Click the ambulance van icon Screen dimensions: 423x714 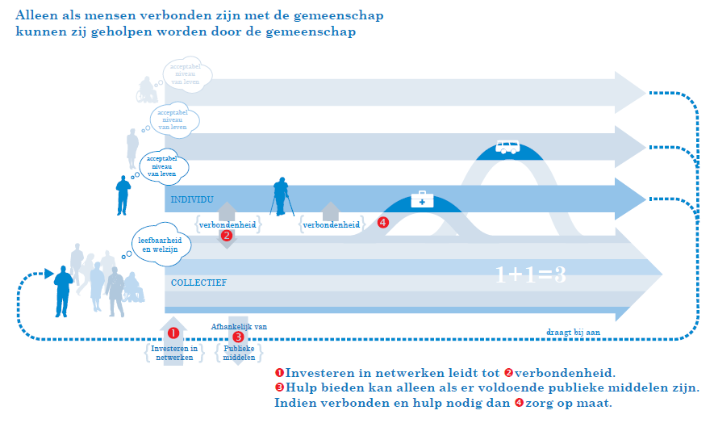507,148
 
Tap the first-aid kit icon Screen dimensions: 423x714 421,199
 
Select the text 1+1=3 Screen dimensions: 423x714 530,274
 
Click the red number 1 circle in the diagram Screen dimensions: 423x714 173,333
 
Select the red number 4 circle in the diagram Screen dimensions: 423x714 382,222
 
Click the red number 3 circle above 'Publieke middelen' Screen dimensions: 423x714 238,337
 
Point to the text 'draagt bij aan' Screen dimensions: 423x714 572,331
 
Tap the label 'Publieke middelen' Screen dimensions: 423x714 239,352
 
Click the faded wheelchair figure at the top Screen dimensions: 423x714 147,90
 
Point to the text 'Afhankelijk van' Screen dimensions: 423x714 239,326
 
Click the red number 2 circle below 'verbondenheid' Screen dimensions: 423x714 227,236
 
